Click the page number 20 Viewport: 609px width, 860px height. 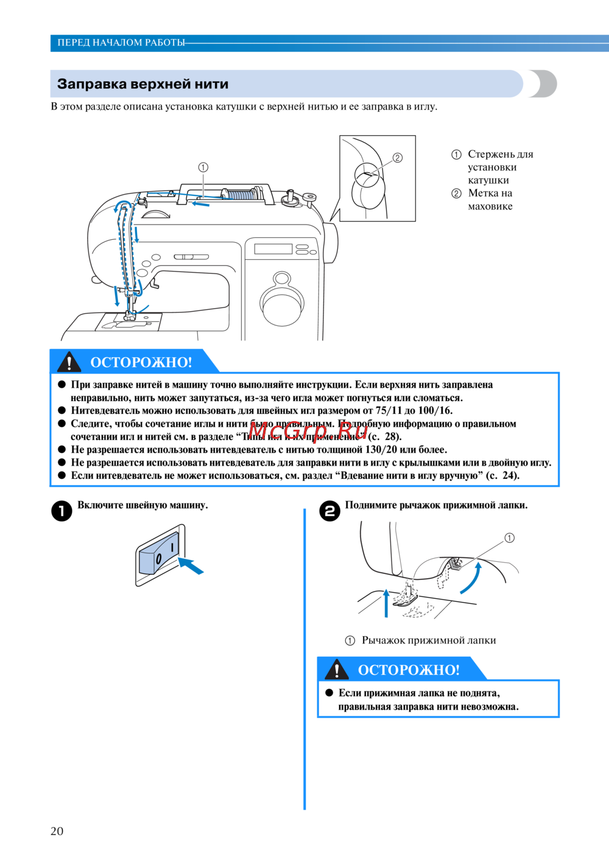point(57,831)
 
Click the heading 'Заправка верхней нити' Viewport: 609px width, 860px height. point(143,84)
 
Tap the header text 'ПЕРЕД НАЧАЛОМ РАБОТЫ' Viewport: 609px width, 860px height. point(121,43)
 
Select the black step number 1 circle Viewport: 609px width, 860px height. point(62,511)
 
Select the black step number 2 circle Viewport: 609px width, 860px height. point(329,511)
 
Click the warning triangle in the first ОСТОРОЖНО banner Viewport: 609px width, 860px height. point(69,362)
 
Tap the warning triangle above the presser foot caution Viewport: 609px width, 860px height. point(337,669)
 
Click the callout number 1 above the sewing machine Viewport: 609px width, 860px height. point(203,167)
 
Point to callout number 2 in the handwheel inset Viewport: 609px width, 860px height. point(398,158)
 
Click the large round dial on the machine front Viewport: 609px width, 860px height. point(282,304)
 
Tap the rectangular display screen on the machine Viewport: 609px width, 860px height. point(273,249)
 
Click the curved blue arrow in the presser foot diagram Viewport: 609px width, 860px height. point(470,578)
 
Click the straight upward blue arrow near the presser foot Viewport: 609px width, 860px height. point(385,603)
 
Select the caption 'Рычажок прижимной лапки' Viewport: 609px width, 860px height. point(429,640)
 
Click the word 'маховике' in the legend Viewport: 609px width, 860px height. point(490,206)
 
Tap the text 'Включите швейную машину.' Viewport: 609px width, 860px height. point(143,505)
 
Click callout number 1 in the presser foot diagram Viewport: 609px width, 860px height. point(509,538)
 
